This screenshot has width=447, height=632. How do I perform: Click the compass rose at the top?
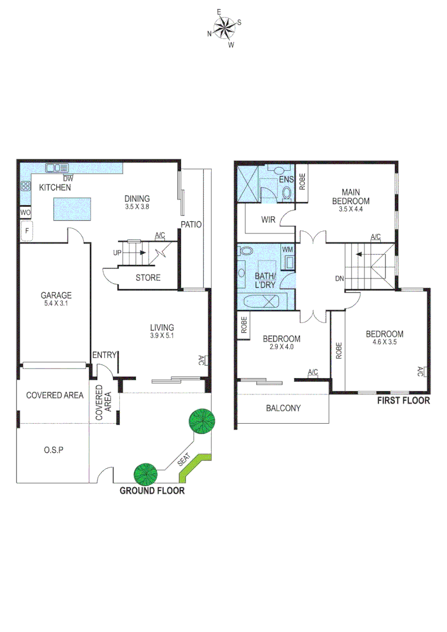(223, 27)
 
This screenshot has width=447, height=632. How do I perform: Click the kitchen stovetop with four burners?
(26, 187)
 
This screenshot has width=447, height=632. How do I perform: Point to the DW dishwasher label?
(68, 178)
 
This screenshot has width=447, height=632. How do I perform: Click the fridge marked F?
(26, 232)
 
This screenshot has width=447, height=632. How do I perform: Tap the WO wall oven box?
(25, 212)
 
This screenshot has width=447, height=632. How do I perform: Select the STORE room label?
(147, 277)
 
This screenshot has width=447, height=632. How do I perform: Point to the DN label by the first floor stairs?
(339, 279)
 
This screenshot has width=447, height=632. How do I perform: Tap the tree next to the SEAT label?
(201, 421)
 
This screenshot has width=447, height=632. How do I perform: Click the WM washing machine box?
(287, 250)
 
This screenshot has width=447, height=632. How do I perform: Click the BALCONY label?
(283, 408)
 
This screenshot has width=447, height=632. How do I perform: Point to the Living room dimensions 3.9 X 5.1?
(162, 336)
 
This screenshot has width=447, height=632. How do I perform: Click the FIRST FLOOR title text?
(403, 401)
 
